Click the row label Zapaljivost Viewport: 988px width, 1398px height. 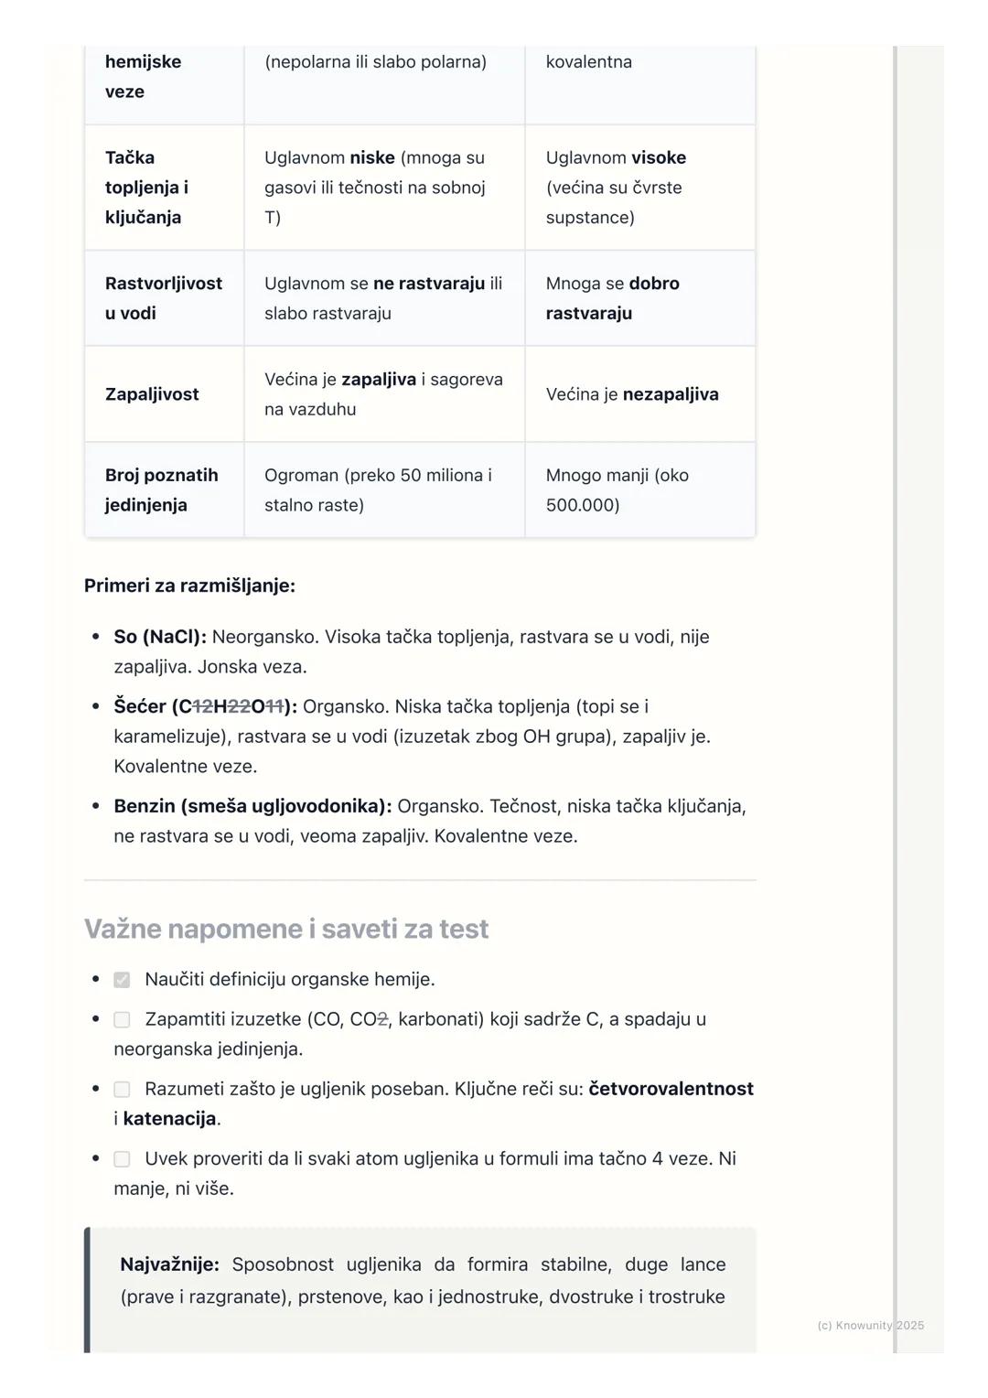coord(152,394)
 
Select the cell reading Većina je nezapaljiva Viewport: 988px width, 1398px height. coord(632,394)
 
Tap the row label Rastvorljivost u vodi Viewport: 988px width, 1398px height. coord(163,298)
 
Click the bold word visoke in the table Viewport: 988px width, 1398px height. coord(658,157)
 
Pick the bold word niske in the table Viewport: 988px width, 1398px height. coord(372,157)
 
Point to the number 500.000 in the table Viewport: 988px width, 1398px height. coord(582,505)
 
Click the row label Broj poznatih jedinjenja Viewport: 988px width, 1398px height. coord(161,489)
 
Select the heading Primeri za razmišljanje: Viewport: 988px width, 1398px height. coord(189,586)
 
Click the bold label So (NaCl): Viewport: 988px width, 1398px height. coord(160,637)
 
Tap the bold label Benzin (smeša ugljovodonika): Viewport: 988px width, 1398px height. coord(252,806)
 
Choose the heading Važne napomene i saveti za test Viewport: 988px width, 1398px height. coord(286,929)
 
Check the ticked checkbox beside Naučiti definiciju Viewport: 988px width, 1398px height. coord(122,980)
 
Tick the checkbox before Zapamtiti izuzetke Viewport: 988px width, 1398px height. coord(122,1019)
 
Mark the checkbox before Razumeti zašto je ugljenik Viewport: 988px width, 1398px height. coord(122,1089)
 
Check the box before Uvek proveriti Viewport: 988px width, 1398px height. coord(122,1159)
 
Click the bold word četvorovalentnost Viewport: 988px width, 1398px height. coord(671,1089)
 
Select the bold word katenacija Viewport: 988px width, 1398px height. coord(169,1119)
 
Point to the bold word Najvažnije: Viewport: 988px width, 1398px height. coord(169,1264)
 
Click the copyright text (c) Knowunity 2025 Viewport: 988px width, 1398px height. coord(870,1326)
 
